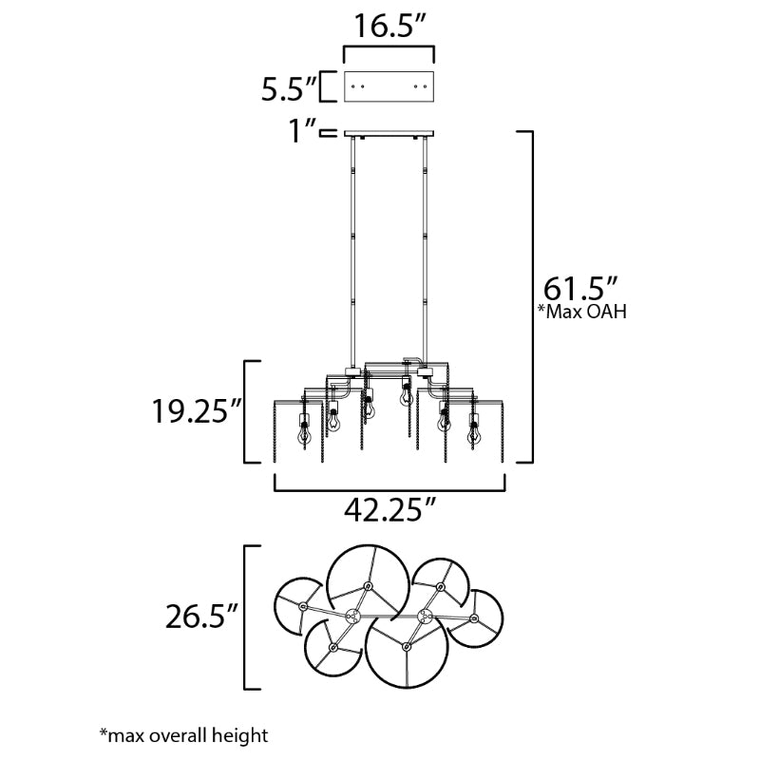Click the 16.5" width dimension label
coord(390,26)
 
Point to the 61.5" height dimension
coord(579,290)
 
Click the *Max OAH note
coord(582,312)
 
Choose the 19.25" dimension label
coord(197,411)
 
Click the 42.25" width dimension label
coord(389,509)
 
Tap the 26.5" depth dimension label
coord(201,617)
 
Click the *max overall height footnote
coord(183,735)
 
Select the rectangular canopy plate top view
coord(389,86)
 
